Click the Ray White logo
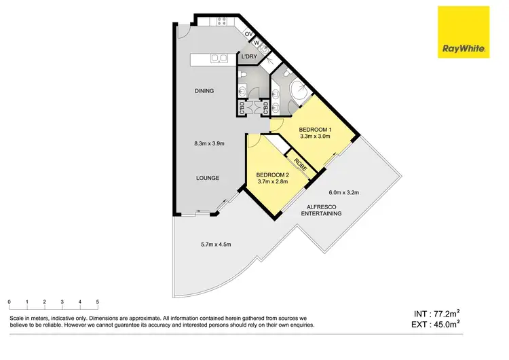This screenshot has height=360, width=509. pos(464,32)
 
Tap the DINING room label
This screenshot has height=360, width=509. pos(204,91)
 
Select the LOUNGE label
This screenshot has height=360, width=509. pos(208,178)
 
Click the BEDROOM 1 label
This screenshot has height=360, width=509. pos(315,129)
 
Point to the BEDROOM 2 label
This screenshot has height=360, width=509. pos(273,175)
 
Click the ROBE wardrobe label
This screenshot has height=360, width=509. pos(299,165)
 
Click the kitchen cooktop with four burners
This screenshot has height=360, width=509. pos(221,22)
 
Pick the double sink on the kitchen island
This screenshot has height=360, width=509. pos(219,58)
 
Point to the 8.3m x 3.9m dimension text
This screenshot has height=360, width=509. pos(208,143)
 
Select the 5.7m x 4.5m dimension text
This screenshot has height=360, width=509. pos(215,245)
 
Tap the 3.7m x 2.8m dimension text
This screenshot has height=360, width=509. pos(273,181)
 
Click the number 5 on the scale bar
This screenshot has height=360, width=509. pos(98,301)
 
